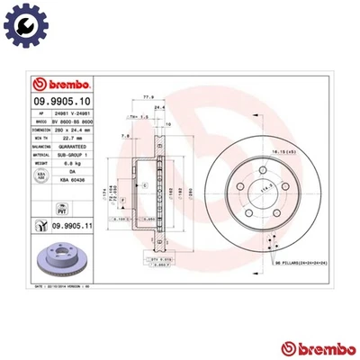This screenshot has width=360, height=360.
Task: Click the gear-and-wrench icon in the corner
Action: pyautogui.click(x=21, y=21)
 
